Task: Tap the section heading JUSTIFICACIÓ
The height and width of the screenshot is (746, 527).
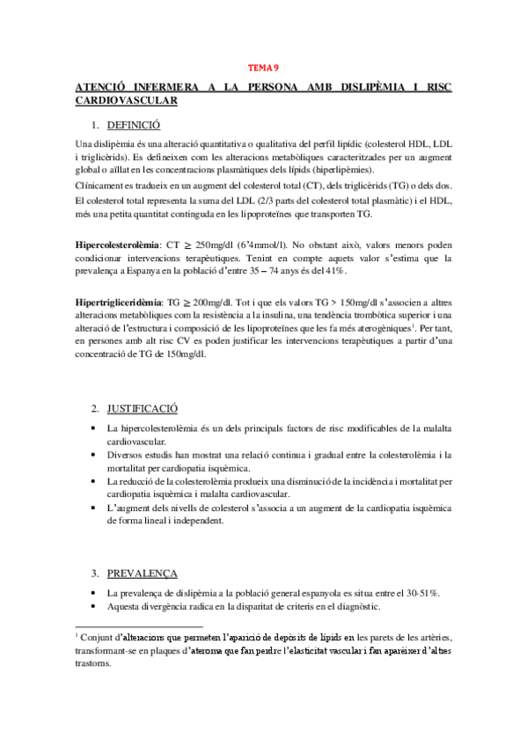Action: point(143,409)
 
